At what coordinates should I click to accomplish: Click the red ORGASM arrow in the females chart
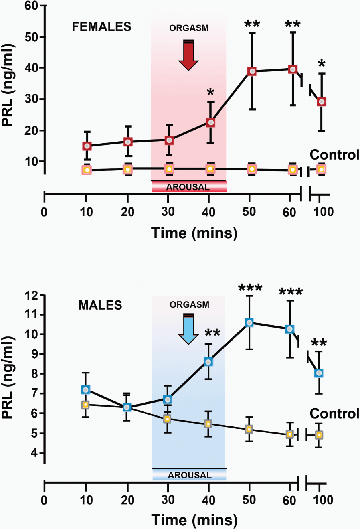188,55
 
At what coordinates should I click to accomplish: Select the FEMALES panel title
101,27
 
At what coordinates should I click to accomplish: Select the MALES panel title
100,305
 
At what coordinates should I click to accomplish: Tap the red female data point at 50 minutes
252,71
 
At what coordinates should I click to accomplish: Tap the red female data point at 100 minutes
321,102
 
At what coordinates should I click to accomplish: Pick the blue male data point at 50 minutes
249,323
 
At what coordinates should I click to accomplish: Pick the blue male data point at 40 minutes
208,362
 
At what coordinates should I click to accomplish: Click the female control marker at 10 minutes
87,170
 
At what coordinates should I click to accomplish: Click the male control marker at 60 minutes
290,434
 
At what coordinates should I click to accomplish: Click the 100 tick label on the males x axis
323,500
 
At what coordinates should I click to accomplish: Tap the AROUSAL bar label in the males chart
189,475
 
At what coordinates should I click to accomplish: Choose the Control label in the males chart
334,413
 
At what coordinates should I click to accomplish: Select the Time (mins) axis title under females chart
194,233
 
